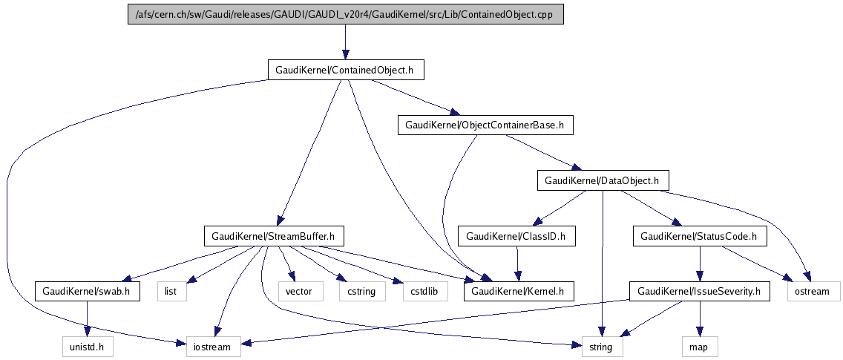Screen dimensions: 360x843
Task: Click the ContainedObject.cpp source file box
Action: click(x=343, y=14)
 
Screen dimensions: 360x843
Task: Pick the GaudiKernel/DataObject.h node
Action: click(x=603, y=180)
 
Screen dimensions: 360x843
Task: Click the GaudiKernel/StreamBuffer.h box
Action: click(x=273, y=236)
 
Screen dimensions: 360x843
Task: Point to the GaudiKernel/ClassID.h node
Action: click(x=516, y=236)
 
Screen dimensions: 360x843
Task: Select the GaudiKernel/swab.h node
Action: click(x=87, y=291)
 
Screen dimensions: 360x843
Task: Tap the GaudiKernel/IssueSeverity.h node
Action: click(x=698, y=291)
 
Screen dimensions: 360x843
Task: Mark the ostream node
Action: click(x=813, y=291)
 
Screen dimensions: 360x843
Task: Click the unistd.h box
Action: click(x=88, y=346)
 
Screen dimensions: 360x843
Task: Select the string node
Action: click(x=602, y=346)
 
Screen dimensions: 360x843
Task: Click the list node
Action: click(x=171, y=291)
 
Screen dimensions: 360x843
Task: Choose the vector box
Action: click(x=301, y=291)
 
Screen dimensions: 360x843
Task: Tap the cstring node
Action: click(x=358, y=291)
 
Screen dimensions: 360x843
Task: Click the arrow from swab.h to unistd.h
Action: click(x=88, y=318)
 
